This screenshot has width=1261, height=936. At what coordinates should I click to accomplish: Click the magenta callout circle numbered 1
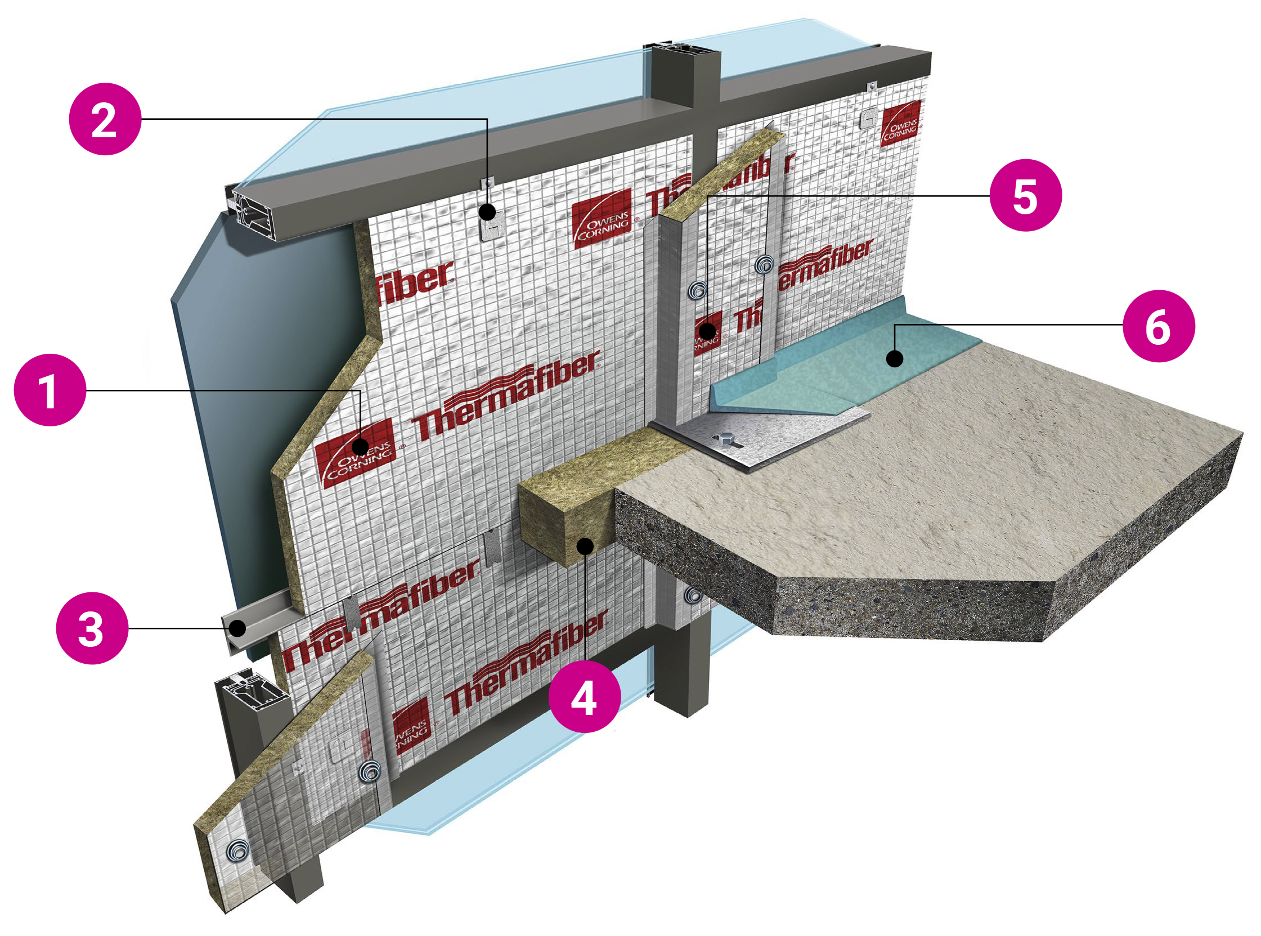50,390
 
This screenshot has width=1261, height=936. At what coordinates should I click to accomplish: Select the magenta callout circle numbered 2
105,119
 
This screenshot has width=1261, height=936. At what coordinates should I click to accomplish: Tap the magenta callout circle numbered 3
92,628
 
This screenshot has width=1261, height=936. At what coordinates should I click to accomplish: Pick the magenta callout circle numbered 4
584,696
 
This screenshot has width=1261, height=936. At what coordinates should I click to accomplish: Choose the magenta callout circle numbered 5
1025,196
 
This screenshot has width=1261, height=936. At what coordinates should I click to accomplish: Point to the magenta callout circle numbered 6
1159,326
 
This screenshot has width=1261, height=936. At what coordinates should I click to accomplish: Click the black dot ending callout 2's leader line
487,213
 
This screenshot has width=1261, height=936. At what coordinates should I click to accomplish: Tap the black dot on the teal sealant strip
894,358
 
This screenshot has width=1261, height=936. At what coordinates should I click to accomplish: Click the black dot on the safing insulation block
585,546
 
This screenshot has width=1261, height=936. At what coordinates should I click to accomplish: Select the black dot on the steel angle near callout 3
237,628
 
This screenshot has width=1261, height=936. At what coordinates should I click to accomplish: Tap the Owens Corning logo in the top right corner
900,124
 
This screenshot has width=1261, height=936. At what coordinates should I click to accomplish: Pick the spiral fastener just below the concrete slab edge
693,595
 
